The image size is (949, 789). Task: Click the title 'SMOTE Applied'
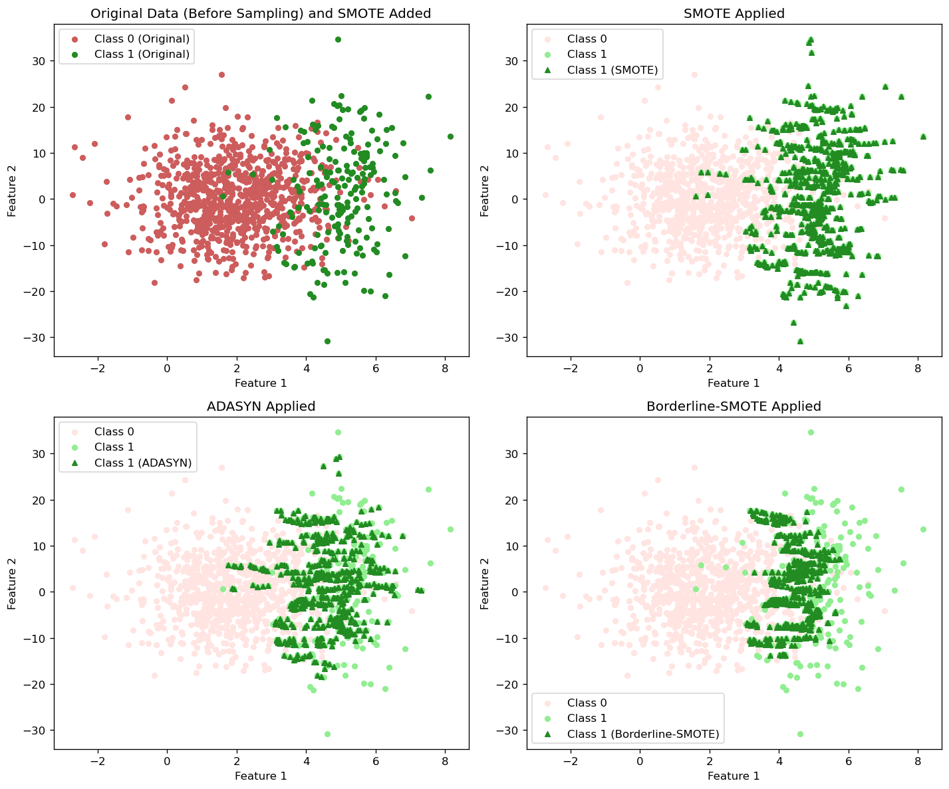(x=734, y=13)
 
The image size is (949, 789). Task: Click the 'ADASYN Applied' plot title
(x=261, y=406)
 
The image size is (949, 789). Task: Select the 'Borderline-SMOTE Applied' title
(x=734, y=406)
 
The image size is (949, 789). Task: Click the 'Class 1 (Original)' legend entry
(x=142, y=54)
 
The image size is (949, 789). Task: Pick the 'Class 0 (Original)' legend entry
(x=142, y=39)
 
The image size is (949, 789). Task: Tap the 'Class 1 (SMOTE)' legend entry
(x=612, y=70)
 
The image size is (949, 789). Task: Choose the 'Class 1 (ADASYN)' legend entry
(x=142, y=463)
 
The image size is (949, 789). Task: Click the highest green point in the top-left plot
(x=338, y=39)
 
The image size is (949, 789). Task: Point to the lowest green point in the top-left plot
(x=327, y=341)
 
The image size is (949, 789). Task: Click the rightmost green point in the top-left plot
(x=450, y=136)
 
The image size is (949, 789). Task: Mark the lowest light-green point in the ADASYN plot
(x=327, y=734)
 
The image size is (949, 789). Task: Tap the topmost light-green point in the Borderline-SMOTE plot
(x=811, y=432)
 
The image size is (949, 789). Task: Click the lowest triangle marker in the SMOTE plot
(x=800, y=341)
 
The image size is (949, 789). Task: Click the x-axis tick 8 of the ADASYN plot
(x=445, y=762)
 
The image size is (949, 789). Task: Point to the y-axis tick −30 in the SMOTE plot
(x=509, y=338)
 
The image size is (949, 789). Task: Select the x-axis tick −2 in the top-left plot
(x=97, y=369)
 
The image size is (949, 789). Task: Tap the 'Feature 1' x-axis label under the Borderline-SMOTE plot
(x=734, y=776)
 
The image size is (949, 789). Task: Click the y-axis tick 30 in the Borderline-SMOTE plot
(x=512, y=453)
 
